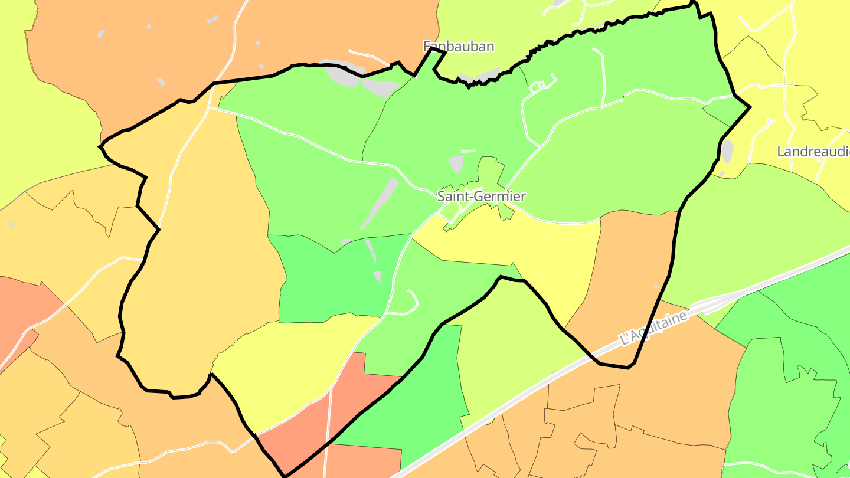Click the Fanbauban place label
459,46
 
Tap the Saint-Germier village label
481,196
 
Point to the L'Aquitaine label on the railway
655,328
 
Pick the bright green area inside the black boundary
331,277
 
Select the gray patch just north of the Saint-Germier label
456,164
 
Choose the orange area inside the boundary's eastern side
632,277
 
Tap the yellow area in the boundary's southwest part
289,366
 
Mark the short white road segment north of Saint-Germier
469,151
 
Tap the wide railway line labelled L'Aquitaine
531,389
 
